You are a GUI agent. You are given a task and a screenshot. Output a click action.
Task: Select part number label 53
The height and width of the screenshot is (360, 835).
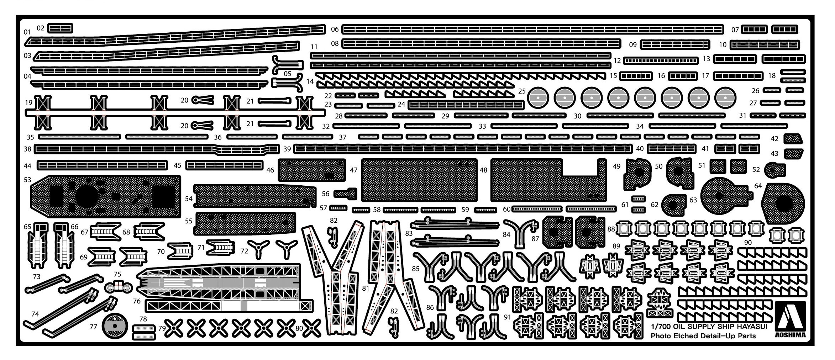[x=27, y=180]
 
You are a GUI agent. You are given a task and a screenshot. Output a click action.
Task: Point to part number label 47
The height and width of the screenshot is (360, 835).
[x=353, y=170]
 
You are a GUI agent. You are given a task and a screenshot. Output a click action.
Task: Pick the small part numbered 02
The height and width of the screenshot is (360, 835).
[x=60, y=28]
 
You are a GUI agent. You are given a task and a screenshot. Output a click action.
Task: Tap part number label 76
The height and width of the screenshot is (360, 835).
[x=137, y=301]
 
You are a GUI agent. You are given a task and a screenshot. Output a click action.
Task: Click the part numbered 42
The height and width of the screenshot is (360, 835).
[x=793, y=138]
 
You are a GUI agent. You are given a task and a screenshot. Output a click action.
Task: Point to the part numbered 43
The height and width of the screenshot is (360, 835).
[x=793, y=153]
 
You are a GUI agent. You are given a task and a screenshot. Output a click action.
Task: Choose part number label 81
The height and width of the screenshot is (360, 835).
[x=365, y=288]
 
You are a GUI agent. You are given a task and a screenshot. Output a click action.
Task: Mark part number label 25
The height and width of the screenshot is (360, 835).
[x=522, y=91]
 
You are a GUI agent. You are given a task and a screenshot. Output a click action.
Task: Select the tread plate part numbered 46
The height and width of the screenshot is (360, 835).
[x=311, y=170]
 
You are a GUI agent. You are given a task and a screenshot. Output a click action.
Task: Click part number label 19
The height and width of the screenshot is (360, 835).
[x=29, y=103]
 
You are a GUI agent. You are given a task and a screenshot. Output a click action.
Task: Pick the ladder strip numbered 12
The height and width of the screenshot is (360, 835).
[x=661, y=61]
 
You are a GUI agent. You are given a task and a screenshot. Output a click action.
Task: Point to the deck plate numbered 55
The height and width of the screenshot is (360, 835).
[x=246, y=223]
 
